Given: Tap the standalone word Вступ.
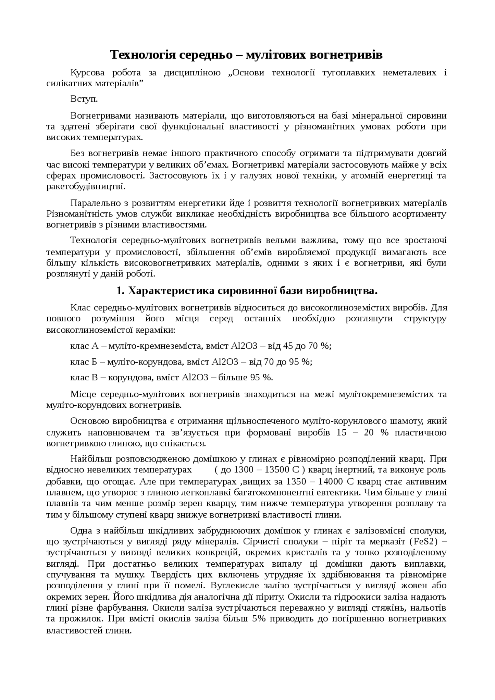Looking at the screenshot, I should [84, 99].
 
